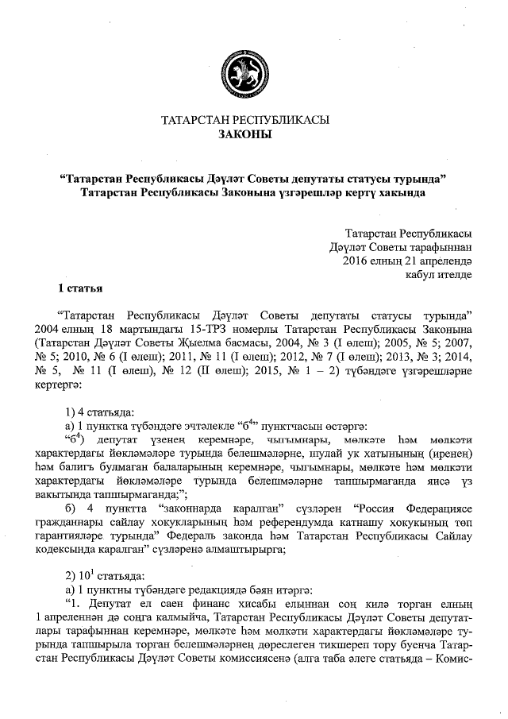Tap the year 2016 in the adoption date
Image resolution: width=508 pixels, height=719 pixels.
tap(354, 260)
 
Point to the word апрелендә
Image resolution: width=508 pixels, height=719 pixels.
tap(441, 260)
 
